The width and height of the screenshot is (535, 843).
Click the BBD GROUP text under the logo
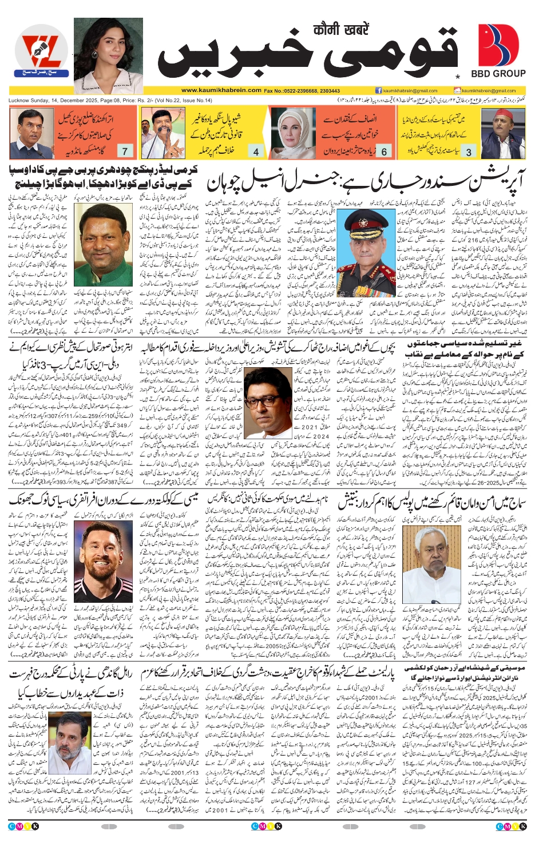498,73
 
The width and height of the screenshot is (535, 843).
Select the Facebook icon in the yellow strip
378,90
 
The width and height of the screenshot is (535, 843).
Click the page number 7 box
125,151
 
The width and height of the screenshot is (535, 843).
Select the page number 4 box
256,152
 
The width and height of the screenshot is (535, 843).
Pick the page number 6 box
384,152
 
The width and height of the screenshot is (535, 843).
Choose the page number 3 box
469,152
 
